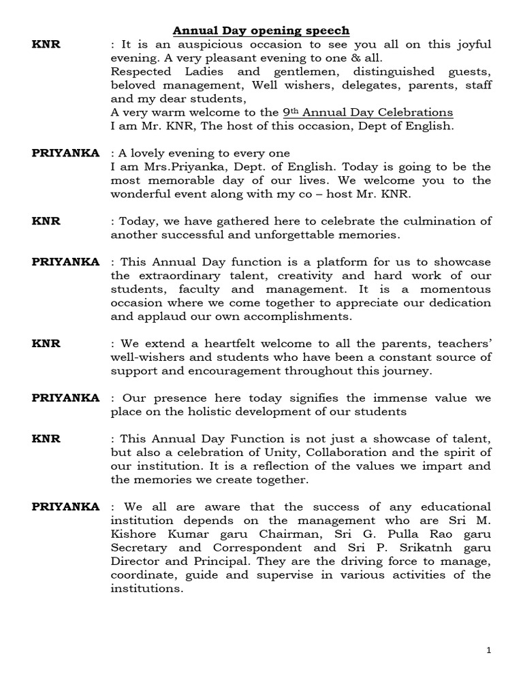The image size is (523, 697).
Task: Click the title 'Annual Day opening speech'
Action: pos(261,31)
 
